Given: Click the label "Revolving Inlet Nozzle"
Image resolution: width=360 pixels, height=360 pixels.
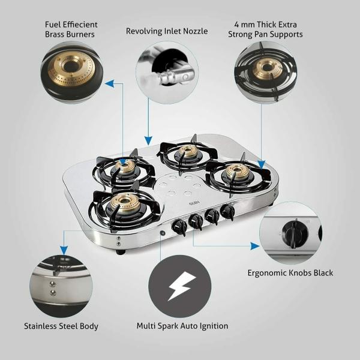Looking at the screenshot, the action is (167, 31).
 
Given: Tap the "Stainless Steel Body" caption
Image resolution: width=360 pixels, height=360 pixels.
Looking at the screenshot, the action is (61, 326).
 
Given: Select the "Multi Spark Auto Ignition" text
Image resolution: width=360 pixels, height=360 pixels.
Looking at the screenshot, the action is (182, 326).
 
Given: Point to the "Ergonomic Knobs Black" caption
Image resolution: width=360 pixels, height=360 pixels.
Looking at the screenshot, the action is (290, 273).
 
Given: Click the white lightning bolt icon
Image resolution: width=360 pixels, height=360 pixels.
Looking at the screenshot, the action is (182, 286).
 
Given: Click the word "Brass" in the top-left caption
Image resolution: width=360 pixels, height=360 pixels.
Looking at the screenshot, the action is (55, 34).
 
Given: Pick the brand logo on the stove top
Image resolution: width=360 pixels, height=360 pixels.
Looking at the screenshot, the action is (194, 203).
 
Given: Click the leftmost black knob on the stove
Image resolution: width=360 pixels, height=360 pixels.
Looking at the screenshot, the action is (179, 227).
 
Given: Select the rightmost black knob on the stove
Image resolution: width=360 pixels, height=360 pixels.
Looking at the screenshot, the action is (227, 211).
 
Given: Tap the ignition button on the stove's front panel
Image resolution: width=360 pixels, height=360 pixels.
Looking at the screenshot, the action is (163, 233).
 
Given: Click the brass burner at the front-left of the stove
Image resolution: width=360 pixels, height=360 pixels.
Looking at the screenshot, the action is (125, 203).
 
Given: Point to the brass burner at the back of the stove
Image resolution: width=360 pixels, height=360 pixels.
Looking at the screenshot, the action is (188, 151).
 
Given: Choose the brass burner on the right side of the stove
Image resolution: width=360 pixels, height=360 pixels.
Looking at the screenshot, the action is (238, 171).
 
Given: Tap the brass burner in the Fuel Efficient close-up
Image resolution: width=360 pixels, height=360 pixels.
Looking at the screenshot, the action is (71, 68).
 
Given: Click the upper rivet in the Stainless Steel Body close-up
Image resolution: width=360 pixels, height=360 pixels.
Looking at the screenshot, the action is (53, 284).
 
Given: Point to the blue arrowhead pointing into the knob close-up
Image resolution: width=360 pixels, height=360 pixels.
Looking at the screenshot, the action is (255, 246).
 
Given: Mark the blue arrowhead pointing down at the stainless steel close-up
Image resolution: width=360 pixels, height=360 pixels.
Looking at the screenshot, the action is (64, 250).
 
